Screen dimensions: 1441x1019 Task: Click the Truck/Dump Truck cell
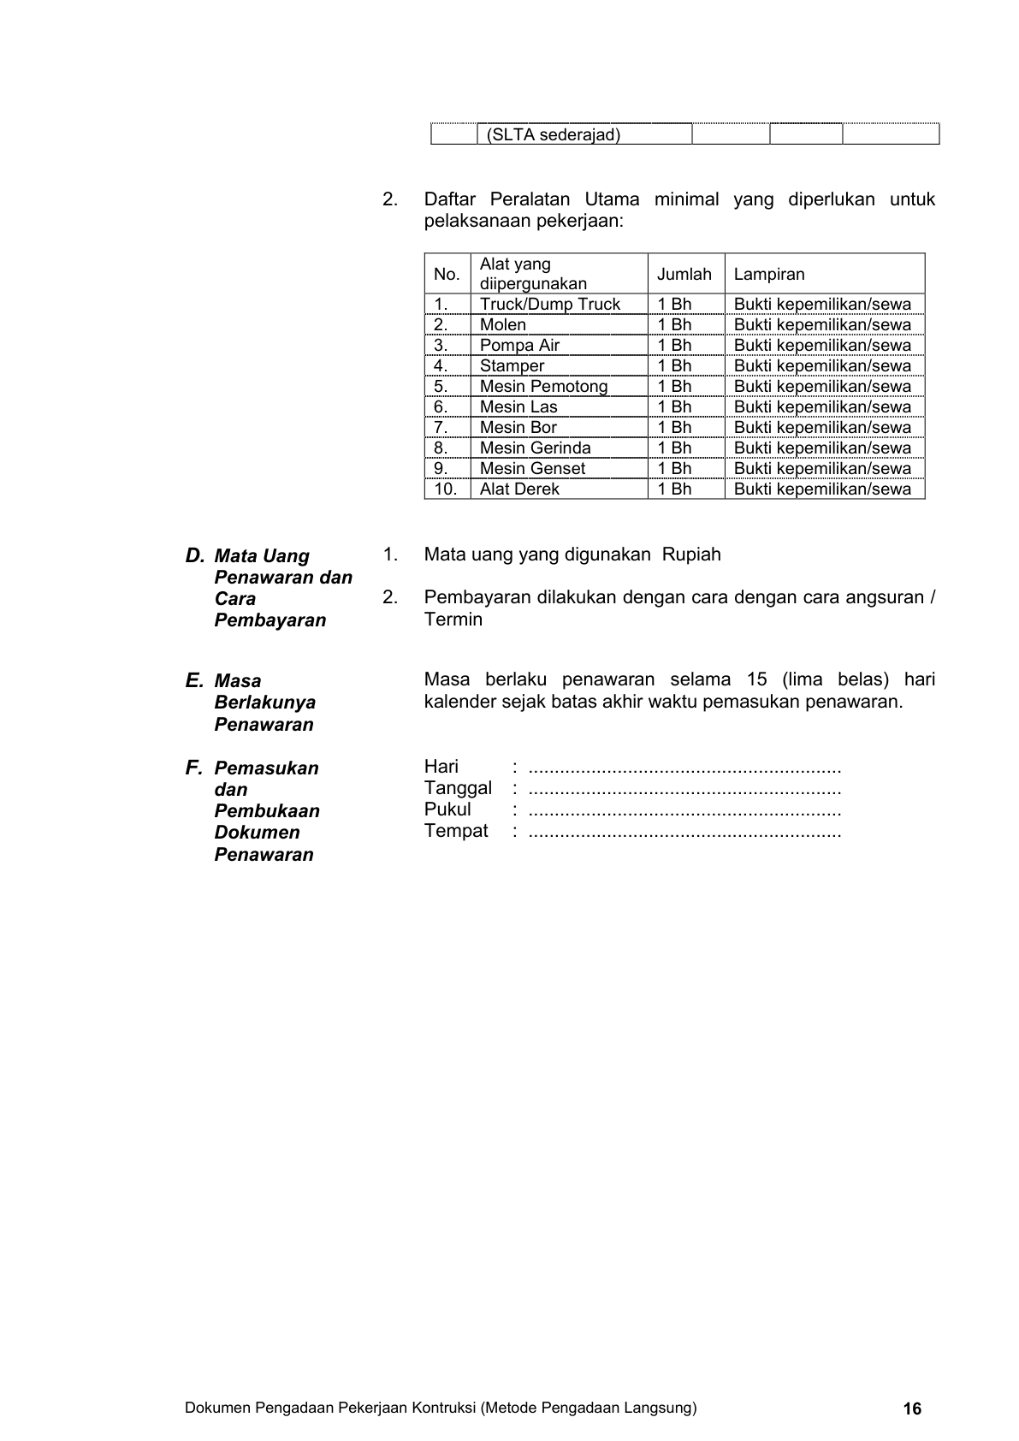point(549,304)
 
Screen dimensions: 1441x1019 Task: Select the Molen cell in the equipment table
point(503,324)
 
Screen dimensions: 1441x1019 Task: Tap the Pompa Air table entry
point(519,345)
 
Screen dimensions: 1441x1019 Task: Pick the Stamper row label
point(512,365)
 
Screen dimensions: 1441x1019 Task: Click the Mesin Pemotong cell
point(543,386)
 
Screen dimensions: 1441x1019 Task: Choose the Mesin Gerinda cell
point(535,448)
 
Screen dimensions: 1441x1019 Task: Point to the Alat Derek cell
point(519,489)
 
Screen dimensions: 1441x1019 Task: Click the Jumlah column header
point(684,274)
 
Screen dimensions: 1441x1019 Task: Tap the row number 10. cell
point(446,489)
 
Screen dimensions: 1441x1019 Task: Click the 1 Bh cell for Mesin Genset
point(674,468)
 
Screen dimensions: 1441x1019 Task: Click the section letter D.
point(194,555)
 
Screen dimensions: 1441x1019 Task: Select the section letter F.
point(193,768)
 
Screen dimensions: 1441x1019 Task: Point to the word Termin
point(453,620)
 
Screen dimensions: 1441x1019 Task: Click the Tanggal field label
point(458,788)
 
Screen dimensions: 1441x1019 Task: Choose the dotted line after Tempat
point(684,832)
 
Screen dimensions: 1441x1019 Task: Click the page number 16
point(912,1408)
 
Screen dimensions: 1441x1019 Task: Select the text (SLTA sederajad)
point(553,135)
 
